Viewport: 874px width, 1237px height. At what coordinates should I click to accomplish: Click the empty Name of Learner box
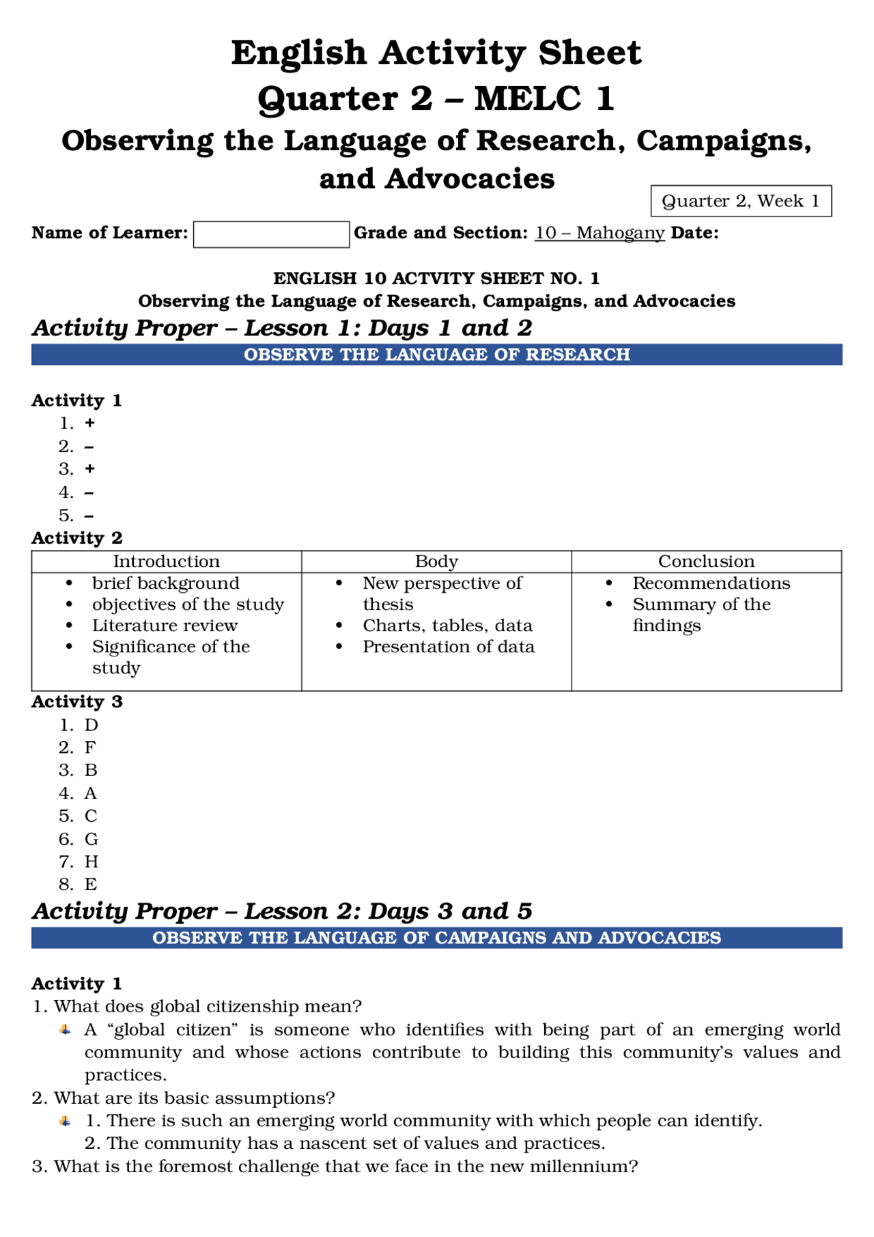[271, 234]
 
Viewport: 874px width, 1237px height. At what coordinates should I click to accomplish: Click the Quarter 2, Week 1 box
[741, 201]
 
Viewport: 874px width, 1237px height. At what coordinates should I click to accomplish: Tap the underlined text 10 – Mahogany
[599, 233]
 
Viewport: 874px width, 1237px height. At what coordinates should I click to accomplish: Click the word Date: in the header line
[694, 233]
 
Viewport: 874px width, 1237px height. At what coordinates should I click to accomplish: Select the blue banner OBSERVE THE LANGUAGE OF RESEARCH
[437, 355]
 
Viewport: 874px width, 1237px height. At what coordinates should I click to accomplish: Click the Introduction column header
[166, 561]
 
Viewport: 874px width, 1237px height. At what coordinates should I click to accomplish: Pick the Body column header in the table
[436, 561]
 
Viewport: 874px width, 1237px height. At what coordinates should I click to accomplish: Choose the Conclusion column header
[706, 561]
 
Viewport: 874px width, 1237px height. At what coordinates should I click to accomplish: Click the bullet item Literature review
[165, 626]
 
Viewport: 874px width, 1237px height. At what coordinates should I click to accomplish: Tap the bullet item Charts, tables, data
[447, 626]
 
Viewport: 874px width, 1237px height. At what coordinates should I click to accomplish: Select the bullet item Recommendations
[711, 583]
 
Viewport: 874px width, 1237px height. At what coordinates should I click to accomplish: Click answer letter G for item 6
[91, 839]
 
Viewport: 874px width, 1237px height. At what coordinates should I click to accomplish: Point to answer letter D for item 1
[91, 725]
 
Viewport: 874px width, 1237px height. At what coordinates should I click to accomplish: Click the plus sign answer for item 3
[89, 469]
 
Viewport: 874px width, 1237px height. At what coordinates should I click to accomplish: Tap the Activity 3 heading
[77, 701]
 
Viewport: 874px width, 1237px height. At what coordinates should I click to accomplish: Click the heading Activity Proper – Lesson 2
[281, 911]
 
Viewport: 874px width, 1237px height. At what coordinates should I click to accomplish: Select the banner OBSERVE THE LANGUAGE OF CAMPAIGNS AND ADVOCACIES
[437, 938]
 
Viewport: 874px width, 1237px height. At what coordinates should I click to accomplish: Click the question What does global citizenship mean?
[208, 1006]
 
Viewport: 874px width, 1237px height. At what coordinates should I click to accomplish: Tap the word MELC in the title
[527, 98]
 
